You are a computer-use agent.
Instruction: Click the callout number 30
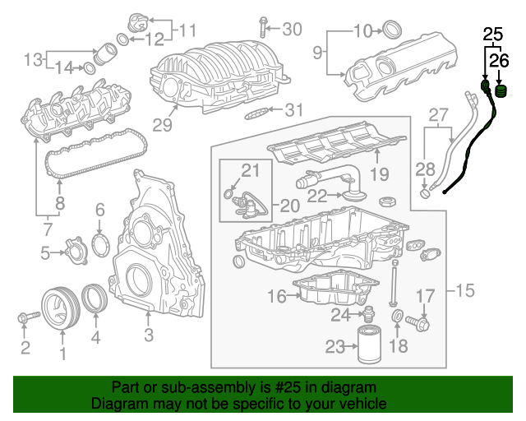292,30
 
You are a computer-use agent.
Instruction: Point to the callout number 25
491,35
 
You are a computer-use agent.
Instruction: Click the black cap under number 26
501,90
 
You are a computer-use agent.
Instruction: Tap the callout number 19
377,173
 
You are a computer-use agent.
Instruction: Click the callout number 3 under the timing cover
149,335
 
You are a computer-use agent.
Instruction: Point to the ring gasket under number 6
99,246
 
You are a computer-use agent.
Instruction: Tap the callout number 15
465,291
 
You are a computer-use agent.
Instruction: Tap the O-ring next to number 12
122,39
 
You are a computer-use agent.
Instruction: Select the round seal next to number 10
392,31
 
